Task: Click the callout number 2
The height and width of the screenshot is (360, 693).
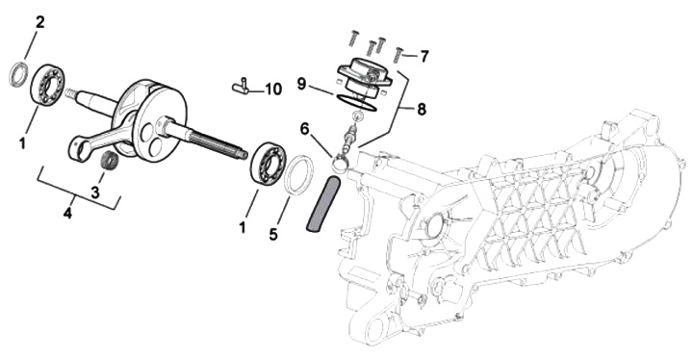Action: point(39,22)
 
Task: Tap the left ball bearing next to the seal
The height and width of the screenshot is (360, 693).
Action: point(48,84)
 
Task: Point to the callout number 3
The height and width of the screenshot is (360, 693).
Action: point(95,193)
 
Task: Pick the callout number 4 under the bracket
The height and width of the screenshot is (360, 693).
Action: point(67,214)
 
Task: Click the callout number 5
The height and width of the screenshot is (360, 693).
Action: point(273,234)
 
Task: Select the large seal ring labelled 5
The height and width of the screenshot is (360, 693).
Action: point(298,174)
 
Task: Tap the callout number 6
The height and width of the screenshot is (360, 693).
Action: point(304,129)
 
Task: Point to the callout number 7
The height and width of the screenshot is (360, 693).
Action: point(423,57)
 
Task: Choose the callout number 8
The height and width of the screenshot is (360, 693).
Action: point(422,109)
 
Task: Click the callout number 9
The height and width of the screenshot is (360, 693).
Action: point(302,83)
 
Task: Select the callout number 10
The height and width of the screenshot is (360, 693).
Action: point(273,90)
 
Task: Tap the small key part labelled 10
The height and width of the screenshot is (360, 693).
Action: point(242,86)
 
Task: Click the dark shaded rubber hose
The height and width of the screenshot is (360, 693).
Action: point(324,203)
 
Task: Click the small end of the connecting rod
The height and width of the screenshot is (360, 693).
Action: point(77,149)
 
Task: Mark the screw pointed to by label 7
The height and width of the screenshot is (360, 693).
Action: point(398,55)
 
